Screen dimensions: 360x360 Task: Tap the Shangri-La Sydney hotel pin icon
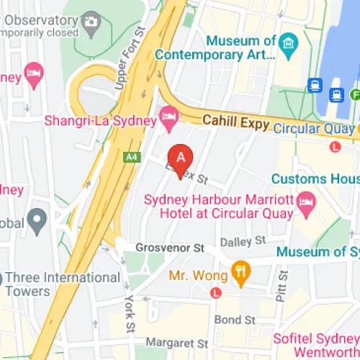[170, 117]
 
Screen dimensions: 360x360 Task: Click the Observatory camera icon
[91, 22]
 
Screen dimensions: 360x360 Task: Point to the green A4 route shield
[132, 156]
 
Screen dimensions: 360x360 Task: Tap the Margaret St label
[176, 343]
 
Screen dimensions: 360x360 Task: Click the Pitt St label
[283, 287]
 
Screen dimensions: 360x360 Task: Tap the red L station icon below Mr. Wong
[215, 293]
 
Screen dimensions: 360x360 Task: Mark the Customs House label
[315, 179]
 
